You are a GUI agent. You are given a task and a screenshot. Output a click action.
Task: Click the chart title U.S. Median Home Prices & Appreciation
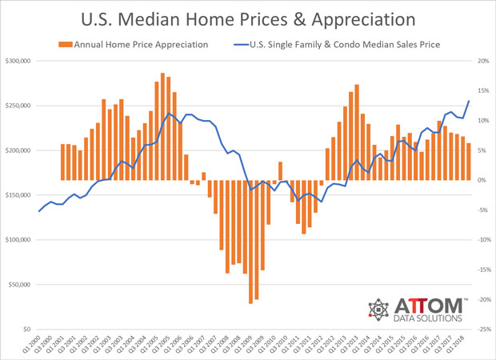247,18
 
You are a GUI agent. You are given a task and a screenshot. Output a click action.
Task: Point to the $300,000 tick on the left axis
18,61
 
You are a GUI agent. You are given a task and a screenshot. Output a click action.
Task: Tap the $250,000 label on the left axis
18,106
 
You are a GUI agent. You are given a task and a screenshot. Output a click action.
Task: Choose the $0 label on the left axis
27,330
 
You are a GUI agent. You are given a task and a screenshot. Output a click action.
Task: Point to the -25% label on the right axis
481,330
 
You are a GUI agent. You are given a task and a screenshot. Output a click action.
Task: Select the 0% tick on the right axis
483,180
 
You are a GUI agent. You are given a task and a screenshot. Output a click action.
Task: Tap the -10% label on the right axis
481,240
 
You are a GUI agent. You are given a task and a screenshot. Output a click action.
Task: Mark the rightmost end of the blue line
469,100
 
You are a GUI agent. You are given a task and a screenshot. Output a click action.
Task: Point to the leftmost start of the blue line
39,211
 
